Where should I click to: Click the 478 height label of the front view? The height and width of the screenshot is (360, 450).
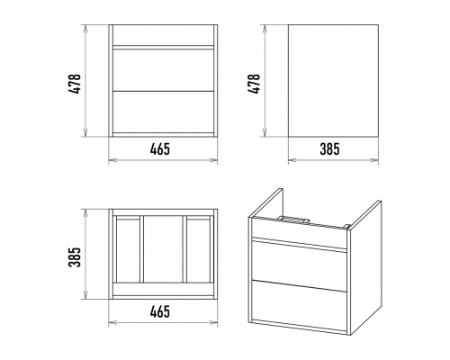click(75, 84)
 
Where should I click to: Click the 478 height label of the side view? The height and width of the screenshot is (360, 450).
click(254, 84)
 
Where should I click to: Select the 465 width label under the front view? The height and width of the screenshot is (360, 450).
click(160, 149)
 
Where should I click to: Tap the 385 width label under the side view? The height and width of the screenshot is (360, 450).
click(329, 149)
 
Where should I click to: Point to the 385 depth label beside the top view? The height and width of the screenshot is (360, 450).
click(75, 257)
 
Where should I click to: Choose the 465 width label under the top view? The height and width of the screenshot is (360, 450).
click(160, 312)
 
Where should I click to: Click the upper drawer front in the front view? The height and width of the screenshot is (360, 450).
click(163, 69)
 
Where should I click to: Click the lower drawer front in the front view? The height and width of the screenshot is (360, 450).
click(163, 112)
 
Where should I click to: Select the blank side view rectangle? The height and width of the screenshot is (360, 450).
click(333, 81)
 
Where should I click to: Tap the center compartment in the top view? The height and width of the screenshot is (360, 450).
click(163, 249)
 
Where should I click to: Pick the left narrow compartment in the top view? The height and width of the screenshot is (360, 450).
click(128, 250)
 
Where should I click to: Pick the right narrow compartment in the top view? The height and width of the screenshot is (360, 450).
click(198, 250)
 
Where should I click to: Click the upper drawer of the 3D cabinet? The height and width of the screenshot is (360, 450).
click(299, 264)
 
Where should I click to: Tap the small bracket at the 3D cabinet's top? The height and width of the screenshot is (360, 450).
click(293, 219)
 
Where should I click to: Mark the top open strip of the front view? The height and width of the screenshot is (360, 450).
click(163, 35)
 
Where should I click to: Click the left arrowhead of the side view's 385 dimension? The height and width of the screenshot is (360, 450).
click(292, 160)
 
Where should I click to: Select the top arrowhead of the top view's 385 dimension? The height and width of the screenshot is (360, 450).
click(86, 213)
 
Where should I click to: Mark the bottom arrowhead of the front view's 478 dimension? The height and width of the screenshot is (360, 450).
click(86, 133)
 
